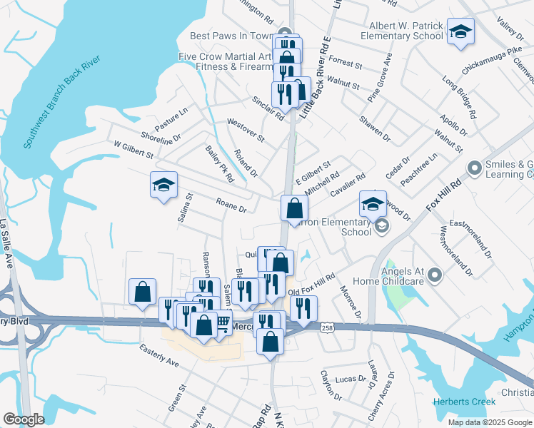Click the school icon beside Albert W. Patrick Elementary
click(x=461, y=32)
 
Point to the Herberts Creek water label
click(x=464, y=402)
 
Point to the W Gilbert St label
click(x=133, y=148)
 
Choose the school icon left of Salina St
click(x=163, y=185)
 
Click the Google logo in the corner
click(x=24, y=419)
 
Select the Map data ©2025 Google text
click(x=489, y=422)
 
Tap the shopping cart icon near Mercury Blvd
click(x=223, y=323)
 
